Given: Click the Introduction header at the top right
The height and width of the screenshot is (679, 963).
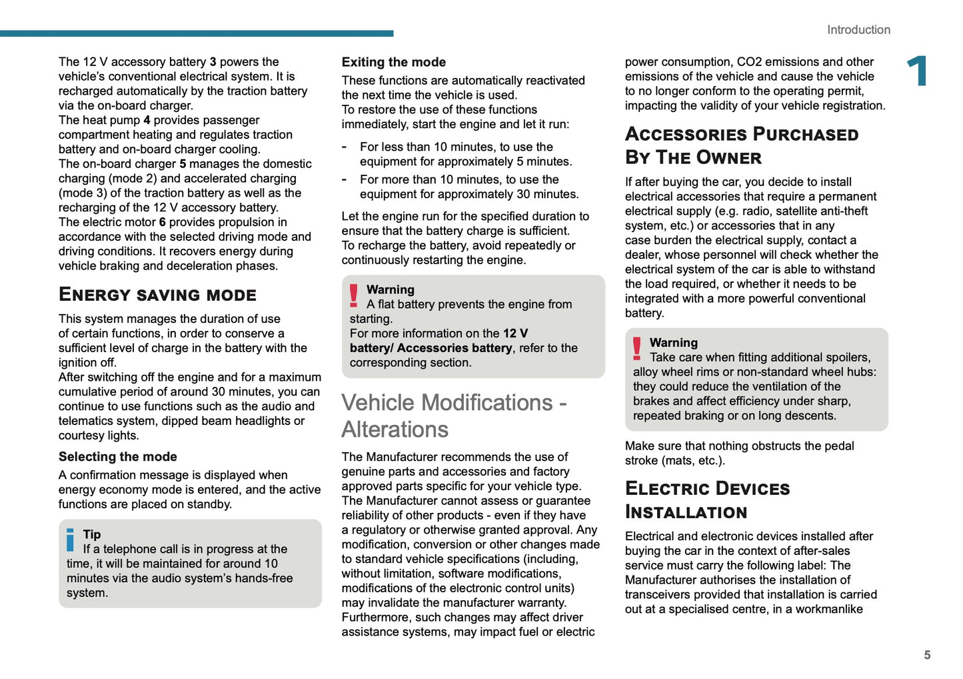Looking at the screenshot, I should tap(858, 30).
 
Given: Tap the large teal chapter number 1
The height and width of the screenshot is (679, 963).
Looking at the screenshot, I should tap(918, 71).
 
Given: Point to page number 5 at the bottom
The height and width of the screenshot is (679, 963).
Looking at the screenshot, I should tap(927, 655).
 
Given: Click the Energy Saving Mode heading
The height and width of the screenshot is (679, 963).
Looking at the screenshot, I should tap(157, 295).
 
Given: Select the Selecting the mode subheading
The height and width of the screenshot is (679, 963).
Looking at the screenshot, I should tap(118, 457).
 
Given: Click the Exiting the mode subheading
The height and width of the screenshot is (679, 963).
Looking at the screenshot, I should tap(394, 62).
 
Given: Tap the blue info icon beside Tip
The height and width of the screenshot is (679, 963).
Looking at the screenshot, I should tap(71, 540).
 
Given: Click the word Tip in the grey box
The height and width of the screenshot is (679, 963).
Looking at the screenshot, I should tap(92, 534).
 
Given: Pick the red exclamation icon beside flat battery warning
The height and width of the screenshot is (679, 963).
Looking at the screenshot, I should tap(354, 295).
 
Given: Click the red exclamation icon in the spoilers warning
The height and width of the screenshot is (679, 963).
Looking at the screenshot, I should tap(637, 349).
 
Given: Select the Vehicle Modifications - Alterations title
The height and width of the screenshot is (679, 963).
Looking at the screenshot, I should tap(453, 416).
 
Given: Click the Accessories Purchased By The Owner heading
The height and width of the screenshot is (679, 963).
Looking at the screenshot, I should tap(741, 145).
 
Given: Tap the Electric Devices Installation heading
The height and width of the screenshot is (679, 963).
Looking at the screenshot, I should tap(707, 500).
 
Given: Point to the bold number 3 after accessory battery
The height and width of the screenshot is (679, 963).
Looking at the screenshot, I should tap(213, 62).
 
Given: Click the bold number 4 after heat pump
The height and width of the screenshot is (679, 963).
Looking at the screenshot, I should tap(147, 120).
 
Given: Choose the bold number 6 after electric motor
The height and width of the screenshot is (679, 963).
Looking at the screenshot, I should tap(162, 222).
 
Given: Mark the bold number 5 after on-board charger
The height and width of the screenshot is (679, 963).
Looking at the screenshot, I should tap(183, 164).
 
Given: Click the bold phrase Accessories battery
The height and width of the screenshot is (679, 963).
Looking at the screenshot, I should tap(455, 348).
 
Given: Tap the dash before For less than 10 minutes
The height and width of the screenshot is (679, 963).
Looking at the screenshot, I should tap(344, 147).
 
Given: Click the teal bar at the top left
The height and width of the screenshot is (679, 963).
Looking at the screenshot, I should tap(197, 33).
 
